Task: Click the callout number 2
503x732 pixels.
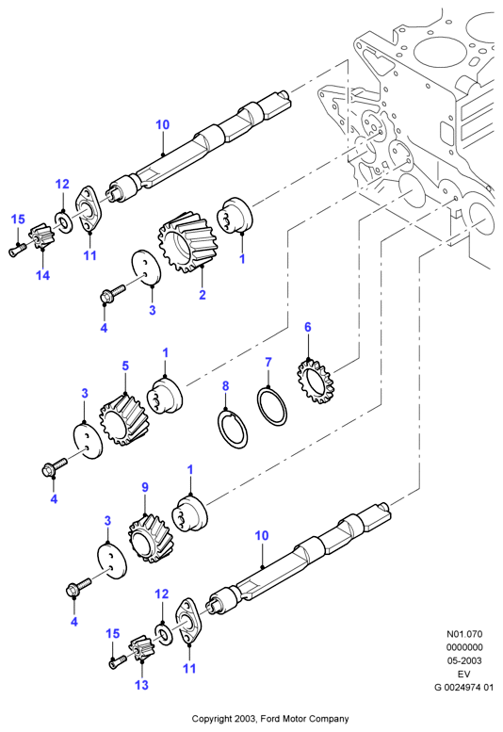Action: coord(202,295)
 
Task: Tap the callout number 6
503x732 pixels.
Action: coord(307,327)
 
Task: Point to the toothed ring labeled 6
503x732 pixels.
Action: coord(316,381)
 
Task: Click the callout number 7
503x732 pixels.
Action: coord(268,362)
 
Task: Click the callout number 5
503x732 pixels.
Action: coord(125,366)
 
